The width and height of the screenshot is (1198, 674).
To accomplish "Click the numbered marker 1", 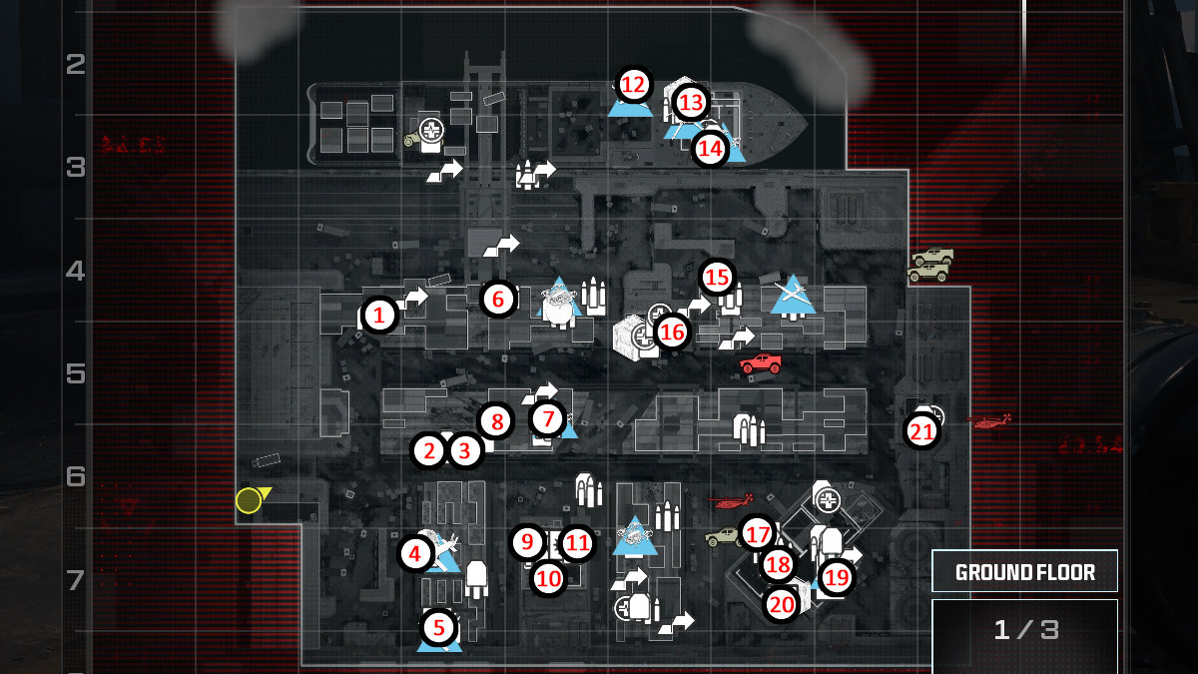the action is coord(378,316).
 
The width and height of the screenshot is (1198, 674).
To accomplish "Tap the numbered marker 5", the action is coord(438,627).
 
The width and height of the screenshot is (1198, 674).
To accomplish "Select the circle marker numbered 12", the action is coord(633,85).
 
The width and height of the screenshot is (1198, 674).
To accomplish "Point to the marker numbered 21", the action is coord(921,431).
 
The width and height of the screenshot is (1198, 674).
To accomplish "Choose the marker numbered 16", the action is coord(672,332).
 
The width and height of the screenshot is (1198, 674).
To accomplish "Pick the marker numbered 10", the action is coord(548,576).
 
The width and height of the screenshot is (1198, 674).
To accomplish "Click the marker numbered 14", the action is coord(710,149).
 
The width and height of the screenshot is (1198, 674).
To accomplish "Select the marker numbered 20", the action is coord(781,603).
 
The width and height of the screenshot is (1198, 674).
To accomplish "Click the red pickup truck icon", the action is coord(761,363).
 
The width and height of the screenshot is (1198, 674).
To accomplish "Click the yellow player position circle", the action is coord(249,500).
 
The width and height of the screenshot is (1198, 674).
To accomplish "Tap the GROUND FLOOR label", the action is coord(1024,572).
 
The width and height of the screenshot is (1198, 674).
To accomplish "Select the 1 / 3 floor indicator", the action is coord(1024,630).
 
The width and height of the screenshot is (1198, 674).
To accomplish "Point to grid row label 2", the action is coord(75,65).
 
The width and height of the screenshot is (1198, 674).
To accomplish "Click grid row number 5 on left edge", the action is coord(75,374).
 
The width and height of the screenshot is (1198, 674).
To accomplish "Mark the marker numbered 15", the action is coord(717,277).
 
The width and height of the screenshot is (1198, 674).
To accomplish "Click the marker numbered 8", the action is coord(494,420).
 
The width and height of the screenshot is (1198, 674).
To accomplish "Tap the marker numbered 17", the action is coord(758,532).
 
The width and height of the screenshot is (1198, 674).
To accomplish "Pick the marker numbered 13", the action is coord(690,101).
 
